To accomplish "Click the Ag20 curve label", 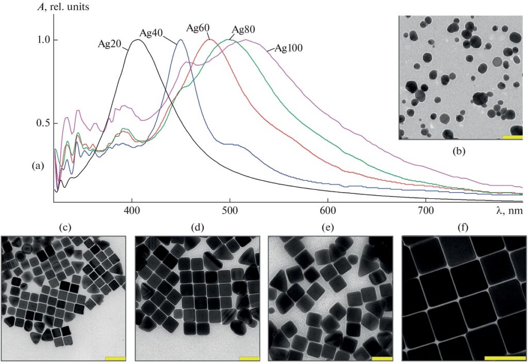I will click(110, 43).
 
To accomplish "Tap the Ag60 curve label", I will click(197, 27).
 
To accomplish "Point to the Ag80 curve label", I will click(244, 29).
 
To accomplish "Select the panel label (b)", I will click(459, 152).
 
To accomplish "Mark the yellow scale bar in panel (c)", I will click(115, 358).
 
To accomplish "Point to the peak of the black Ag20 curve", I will click(137, 40).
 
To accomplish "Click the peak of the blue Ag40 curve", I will click(180, 40).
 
